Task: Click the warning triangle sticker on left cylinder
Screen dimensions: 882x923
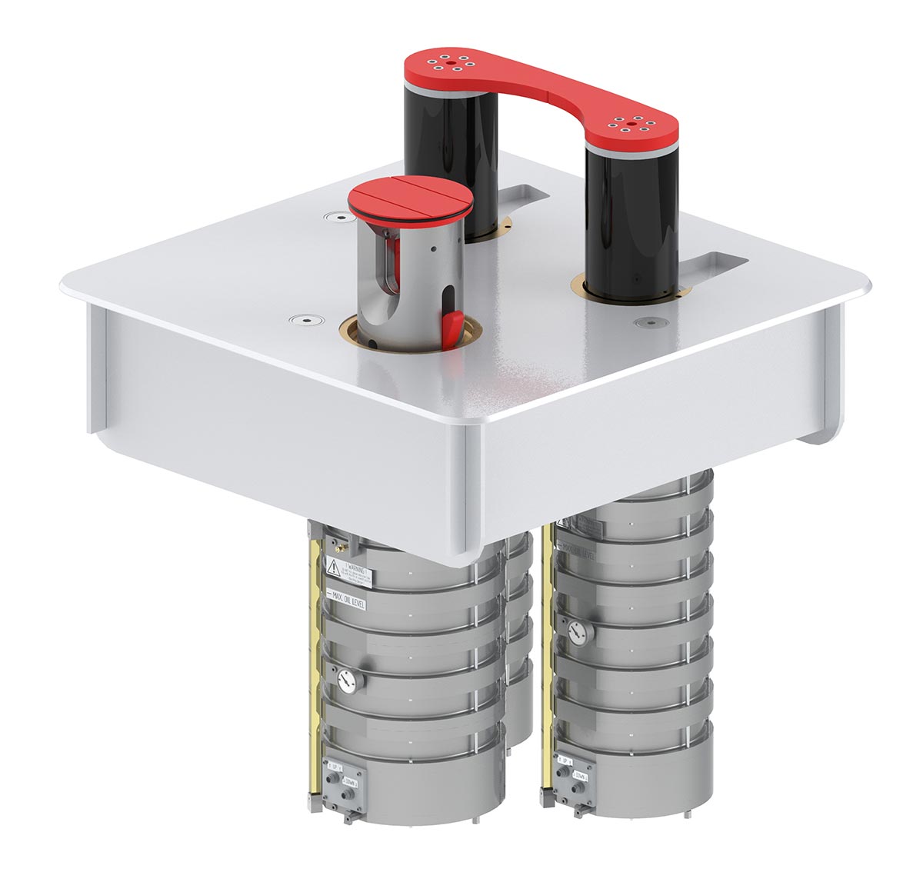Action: coord(334,567)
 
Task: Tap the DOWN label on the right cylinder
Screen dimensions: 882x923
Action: coord(580,775)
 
